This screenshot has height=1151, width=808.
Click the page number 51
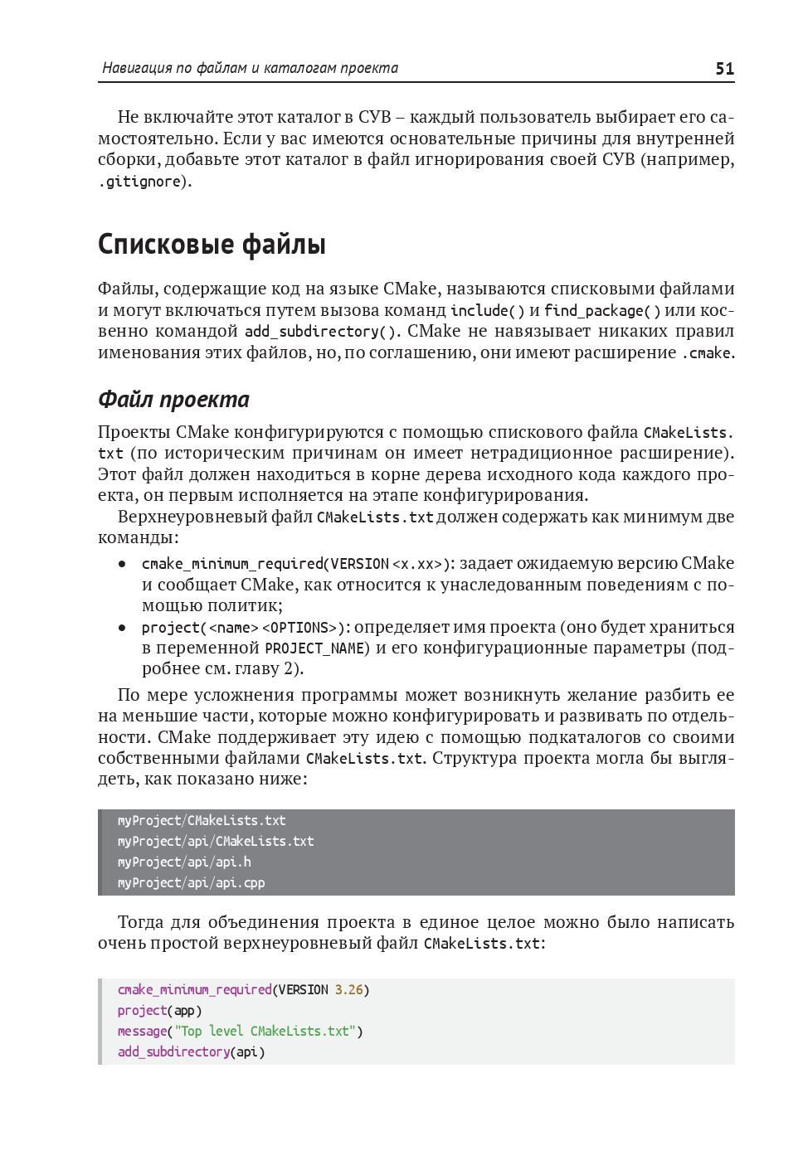tap(724, 69)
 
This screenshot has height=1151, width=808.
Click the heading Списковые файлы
tap(212, 245)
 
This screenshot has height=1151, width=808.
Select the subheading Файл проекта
tap(173, 400)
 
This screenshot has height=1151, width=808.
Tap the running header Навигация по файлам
tap(250, 68)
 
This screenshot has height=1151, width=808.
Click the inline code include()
tap(487, 311)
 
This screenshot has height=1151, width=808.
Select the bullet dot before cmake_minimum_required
tap(122, 564)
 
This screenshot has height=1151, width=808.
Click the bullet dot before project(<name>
tap(122, 628)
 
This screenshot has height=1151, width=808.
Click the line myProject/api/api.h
tap(184, 862)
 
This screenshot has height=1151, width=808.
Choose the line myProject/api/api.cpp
tap(192, 883)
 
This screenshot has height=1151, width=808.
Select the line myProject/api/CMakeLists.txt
tap(216, 842)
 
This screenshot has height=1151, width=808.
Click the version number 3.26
tap(349, 990)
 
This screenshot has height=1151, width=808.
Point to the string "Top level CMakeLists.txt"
tap(265, 1032)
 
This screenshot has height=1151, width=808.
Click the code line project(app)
tap(160, 1011)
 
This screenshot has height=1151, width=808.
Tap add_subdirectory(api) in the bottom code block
tap(192, 1052)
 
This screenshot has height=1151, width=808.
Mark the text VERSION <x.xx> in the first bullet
tap(387, 564)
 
